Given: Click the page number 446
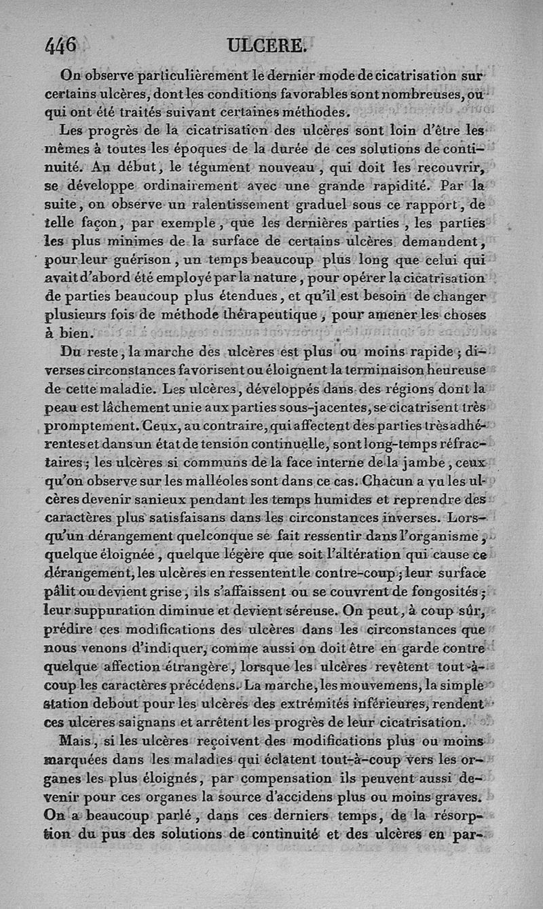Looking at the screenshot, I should pyautogui.click(x=61, y=45).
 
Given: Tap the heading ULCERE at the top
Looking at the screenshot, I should pyautogui.click(x=267, y=45).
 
